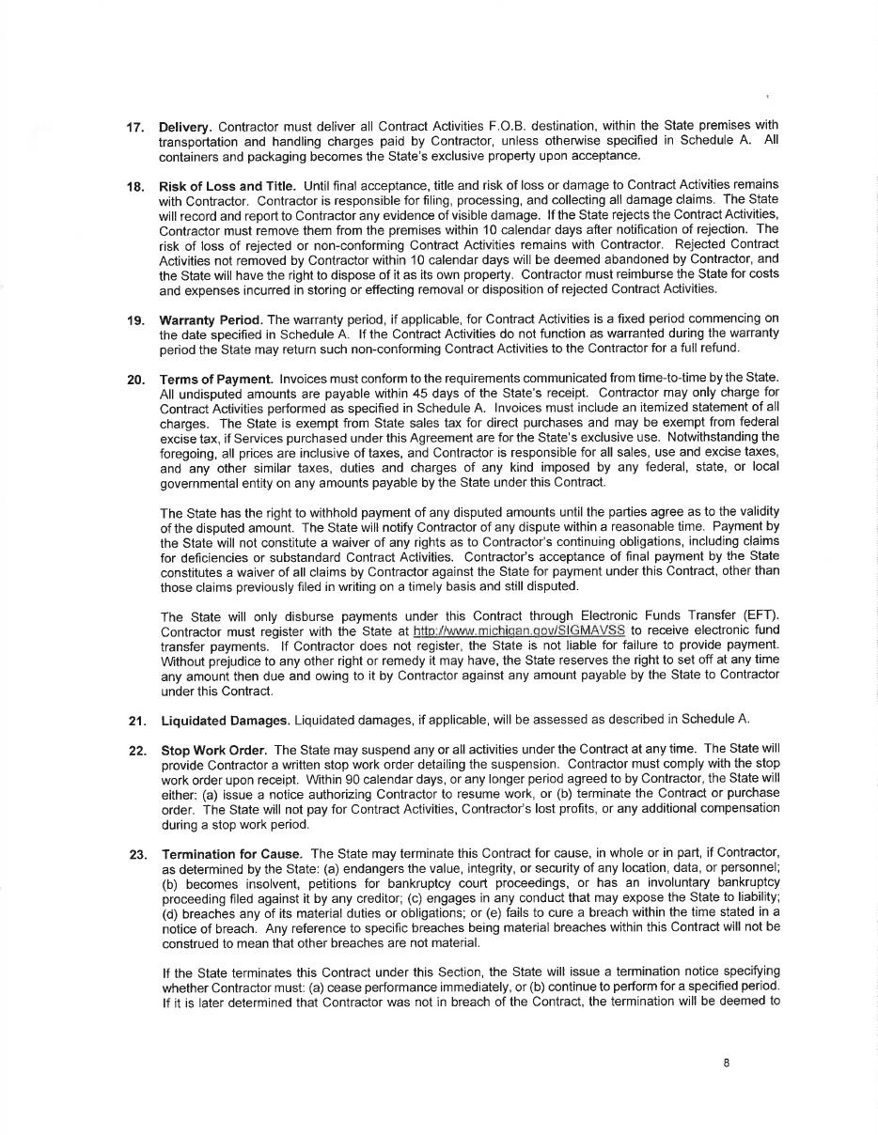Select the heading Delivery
click(x=185, y=127)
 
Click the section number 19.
click(x=134, y=320)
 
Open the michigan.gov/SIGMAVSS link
click(x=519, y=630)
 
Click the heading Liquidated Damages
click(x=226, y=721)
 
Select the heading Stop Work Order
click(x=214, y=750)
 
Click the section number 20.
click(x=135, y=380)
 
